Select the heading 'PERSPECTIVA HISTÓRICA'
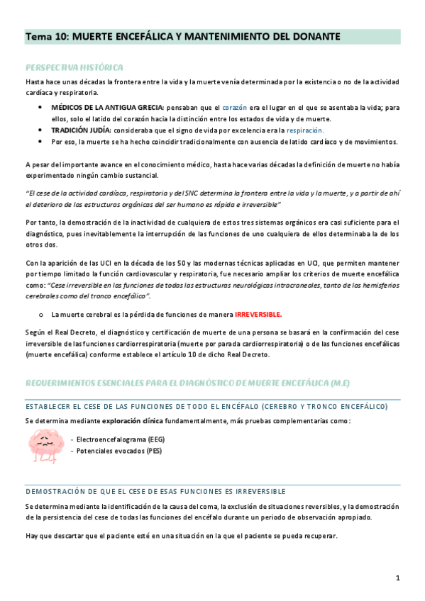(x=74, y=67)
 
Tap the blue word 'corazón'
(x=234, y=107)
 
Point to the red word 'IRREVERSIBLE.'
(x=258, y=314)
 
